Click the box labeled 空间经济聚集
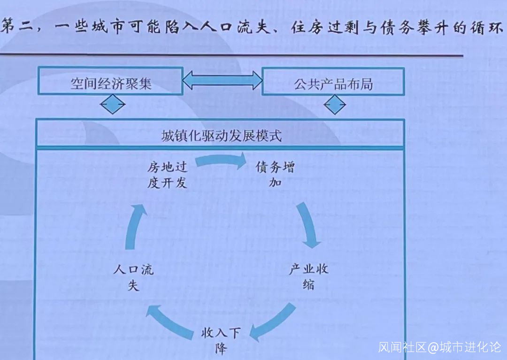(111, 81)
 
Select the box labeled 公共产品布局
(333, 82)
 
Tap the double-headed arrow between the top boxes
(223, 80)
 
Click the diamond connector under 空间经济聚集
(113, 104)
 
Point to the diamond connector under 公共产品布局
(335, 105)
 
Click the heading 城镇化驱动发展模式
(222, 136)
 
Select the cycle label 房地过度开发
(167, 175)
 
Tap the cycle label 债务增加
(275, 174)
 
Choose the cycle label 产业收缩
(309, 276)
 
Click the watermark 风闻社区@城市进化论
(440, 347)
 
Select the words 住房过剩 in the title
(325, 27)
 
